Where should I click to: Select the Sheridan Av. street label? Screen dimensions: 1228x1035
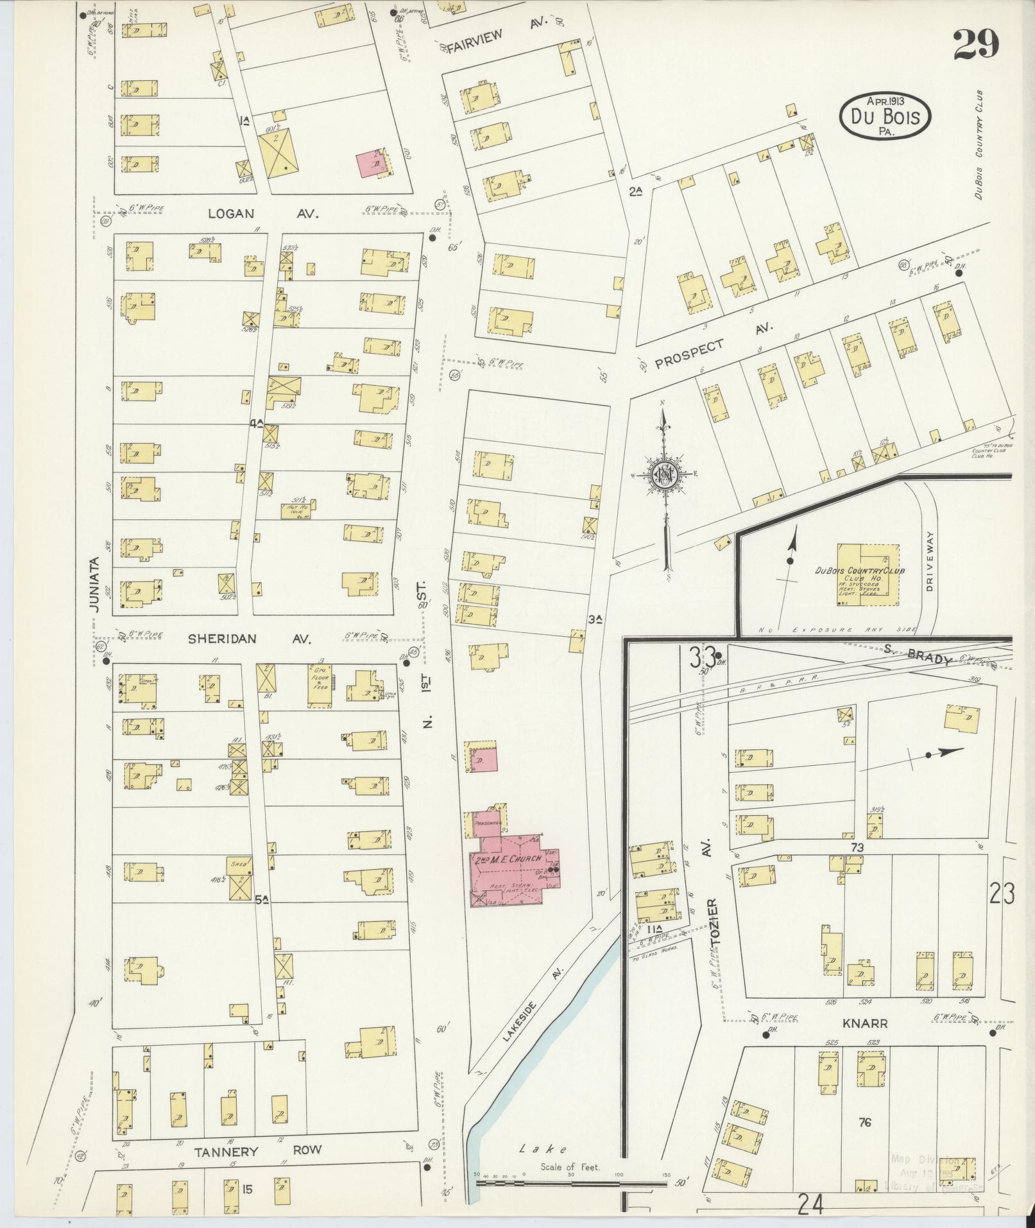pyautogui.click(x=250, y=639)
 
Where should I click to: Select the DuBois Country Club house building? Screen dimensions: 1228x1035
pyautogui.click(x=868, y=575)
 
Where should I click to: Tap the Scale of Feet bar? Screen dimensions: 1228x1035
pyautogui.click(x=571, y=1182)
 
